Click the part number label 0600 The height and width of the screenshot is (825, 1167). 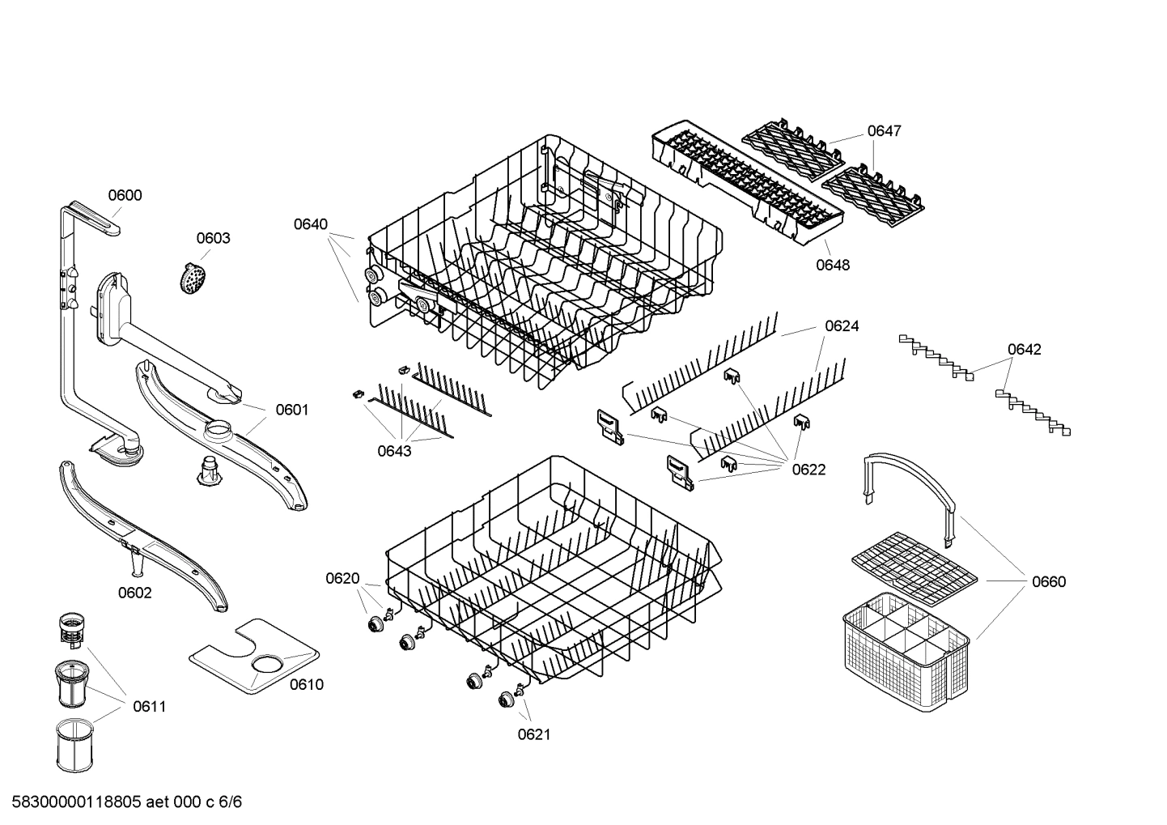pos(125,195)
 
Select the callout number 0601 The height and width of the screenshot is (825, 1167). pos(292,410)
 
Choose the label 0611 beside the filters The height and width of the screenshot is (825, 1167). pos(149,707)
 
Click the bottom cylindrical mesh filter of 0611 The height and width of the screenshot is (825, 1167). pos(77,747)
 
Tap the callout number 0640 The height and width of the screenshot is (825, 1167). pos(311,223)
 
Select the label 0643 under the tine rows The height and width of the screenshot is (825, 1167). pos(394,451)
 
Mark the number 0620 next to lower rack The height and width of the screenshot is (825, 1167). pos(342,578)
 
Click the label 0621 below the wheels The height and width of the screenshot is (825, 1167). pos(534,734)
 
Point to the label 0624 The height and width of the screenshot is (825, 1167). pos(842,326)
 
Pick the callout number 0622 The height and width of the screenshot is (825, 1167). pos(808,470)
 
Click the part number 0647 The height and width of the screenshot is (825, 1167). pos(884,131)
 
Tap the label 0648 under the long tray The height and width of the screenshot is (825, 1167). pos(833,265)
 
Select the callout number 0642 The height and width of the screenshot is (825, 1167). pos(1024,350)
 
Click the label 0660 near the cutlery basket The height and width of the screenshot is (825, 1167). pos(1048,581)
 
